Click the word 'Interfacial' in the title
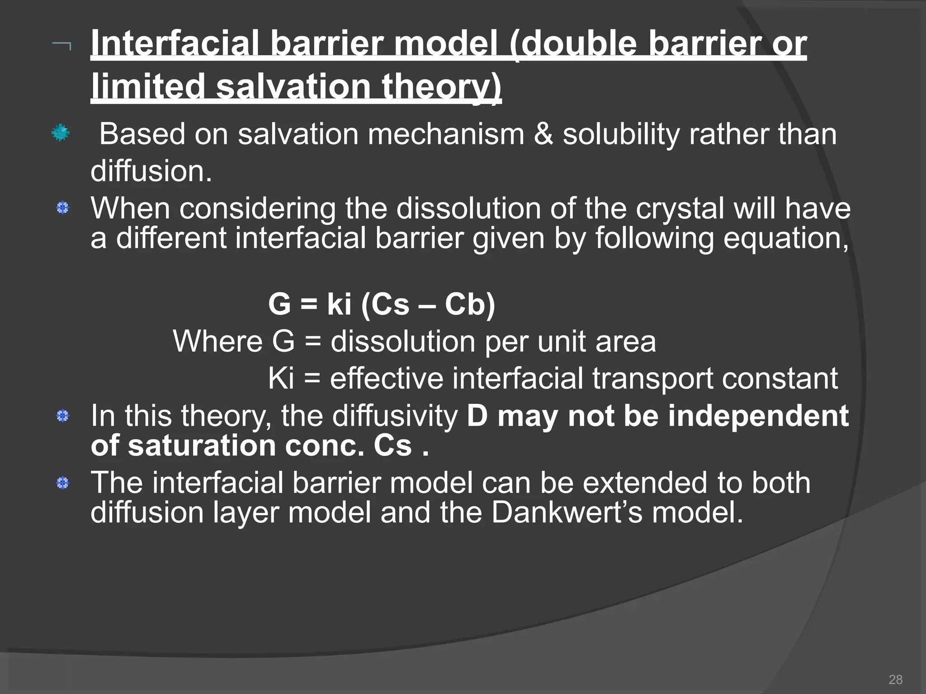coord(174,44)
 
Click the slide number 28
coord(895,679)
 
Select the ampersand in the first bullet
coord(543,134)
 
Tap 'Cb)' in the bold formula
coord(470,304)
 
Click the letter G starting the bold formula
coord(279,304)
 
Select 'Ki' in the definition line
coord(281,378)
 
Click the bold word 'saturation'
coord(201,445)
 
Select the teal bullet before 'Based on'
coord(60,133)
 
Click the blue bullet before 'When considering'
coord(62,208)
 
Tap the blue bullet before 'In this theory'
coord(62,416)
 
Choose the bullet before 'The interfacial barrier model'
coord(62,483)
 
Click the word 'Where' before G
coord(217,341)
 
